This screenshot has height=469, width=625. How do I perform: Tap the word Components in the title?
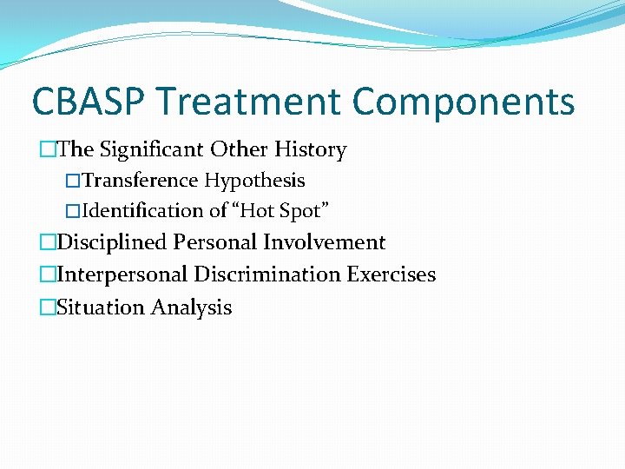coord(464,102)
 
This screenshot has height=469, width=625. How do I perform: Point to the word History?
coord(310,150)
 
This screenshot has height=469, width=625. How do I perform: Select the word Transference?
coord(141,181)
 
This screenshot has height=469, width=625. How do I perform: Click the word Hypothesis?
coord(255,181)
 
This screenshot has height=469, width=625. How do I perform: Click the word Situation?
coord(100,307)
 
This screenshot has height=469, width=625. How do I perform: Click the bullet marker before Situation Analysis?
coord(47,307)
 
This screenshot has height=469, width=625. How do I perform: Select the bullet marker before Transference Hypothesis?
coord(73,181)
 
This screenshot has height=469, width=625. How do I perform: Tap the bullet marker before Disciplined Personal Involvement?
coord(47,242)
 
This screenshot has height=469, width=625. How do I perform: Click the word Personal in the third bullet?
coord(215,242)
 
